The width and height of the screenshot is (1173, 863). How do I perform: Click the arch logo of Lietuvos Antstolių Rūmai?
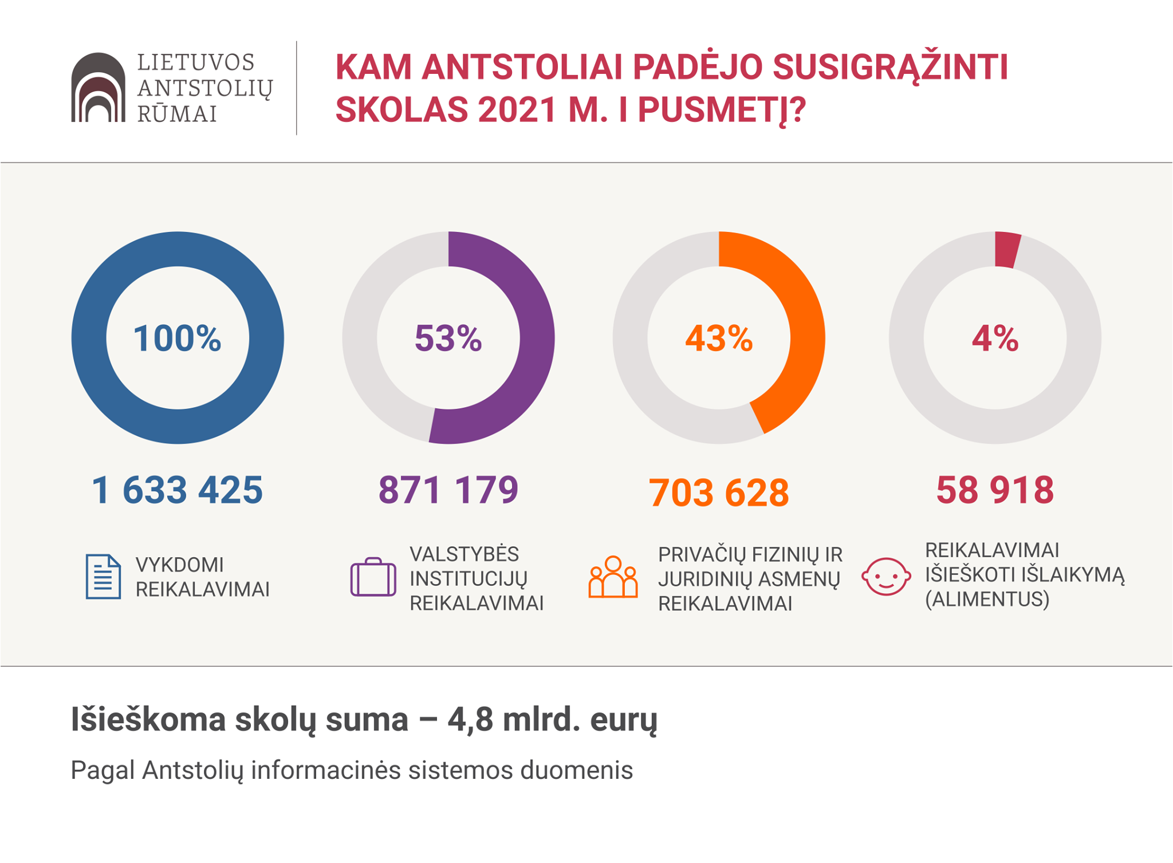98,87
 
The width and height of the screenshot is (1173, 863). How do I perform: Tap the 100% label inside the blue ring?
177,338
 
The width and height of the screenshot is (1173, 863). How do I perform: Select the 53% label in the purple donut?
448,338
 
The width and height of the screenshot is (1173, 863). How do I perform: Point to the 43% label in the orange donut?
719,338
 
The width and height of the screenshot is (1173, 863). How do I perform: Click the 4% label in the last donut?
995,338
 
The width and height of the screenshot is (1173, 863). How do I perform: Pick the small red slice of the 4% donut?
1007,250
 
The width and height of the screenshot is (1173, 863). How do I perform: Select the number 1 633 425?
177,490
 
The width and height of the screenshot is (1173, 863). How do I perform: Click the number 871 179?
448,490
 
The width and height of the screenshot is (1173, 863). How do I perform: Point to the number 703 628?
719,492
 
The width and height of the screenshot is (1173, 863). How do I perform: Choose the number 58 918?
995,490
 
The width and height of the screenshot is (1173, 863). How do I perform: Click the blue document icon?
103,577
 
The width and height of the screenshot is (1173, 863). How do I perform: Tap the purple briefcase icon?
373,577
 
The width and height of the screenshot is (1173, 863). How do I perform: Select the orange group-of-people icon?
613,577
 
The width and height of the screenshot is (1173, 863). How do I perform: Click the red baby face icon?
886,577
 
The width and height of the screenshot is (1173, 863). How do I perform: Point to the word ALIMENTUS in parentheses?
987,599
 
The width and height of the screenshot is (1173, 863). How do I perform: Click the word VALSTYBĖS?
464,554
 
